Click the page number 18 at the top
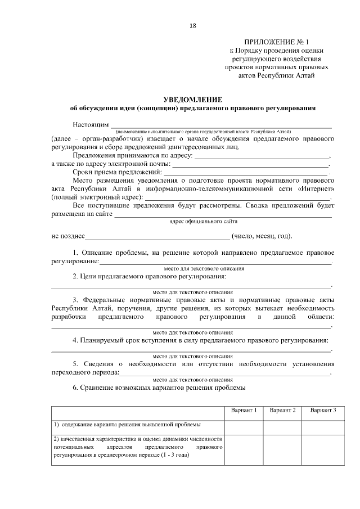tap(193, 25)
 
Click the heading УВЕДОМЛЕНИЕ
tap(192, 98)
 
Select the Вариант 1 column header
tap(244, 411)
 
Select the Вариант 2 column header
tap(282, 411)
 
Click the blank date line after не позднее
tap(157, 236)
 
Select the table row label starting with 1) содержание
tap(127, 425)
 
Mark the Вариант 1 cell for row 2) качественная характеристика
tap(244, 449)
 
